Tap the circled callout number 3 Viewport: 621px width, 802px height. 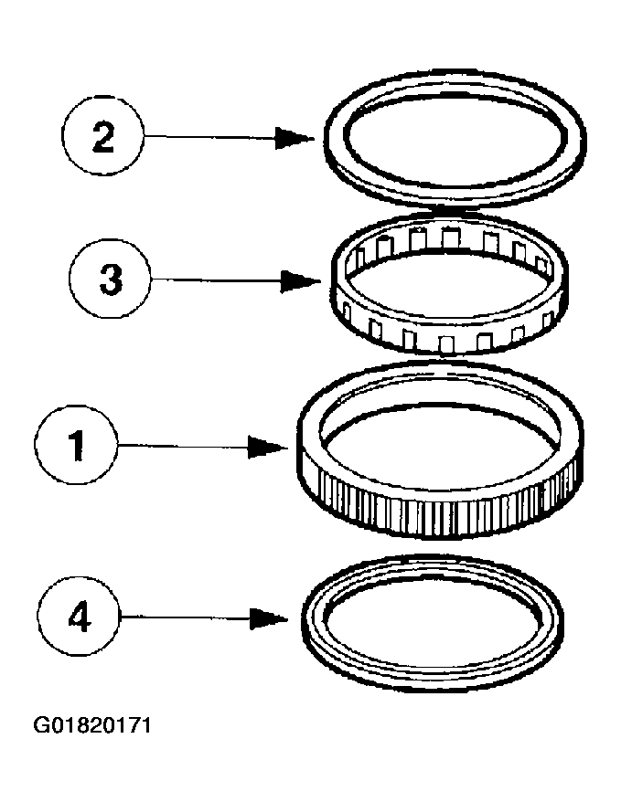(110, 280)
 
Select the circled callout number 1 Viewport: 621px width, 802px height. (77, 446)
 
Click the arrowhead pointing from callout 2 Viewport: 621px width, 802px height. (296, 138)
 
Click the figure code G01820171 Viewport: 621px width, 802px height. (91, 726)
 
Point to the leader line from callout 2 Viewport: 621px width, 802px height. (210, 138)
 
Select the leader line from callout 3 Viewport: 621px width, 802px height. (215, 281)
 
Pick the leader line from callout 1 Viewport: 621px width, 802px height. (183, 447)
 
